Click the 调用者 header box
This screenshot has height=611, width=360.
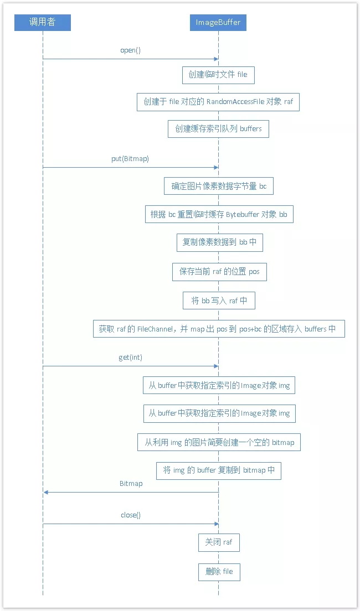43,23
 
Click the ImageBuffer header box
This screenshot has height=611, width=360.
218,23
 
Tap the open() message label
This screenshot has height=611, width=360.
131,50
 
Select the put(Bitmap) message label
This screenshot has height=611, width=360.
130,159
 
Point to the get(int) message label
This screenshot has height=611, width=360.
130,358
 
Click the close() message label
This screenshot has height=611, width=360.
131,515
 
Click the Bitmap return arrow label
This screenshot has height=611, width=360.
131,483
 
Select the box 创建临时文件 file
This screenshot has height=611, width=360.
218,74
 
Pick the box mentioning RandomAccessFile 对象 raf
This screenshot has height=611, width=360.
218,102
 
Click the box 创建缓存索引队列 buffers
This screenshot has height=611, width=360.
218,128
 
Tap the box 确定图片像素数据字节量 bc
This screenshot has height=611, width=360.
218,186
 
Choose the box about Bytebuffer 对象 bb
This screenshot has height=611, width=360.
218,214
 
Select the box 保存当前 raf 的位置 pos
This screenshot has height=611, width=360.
219,272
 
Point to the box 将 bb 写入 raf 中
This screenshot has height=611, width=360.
219,301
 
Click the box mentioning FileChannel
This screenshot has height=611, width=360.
218,329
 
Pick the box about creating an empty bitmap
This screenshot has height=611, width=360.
219,442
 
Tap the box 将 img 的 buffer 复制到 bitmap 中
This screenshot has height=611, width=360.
219,470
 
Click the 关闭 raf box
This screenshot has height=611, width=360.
219,542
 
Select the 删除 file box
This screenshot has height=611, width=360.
219,572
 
